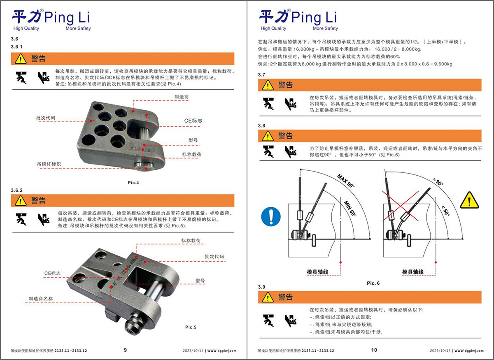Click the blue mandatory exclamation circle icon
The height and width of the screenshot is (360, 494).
click(x=271, y=216)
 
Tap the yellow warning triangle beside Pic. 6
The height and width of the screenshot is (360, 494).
click(x=469, y=200)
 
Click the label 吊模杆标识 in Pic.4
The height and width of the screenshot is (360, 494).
click(x=49, y=164)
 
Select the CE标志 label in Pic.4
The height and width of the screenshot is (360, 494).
click(x=193, y=121)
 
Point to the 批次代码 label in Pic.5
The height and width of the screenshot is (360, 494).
click(x=214, y=256)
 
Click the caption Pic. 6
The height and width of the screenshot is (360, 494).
click(x=373, y=283)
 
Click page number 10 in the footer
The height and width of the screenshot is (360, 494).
click(x=374, y=350)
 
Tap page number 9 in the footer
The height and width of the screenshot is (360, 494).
click(x=125, y=350)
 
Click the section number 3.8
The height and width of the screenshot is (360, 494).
click(x=261, y=125)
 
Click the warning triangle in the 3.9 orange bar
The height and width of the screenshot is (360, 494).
click(x=268, y=297)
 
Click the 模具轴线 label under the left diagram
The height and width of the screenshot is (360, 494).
click(x=317, y=272)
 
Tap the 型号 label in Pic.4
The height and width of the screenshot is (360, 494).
click(x=193, y=140)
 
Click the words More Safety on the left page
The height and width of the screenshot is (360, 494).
click(x=78, y=28)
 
